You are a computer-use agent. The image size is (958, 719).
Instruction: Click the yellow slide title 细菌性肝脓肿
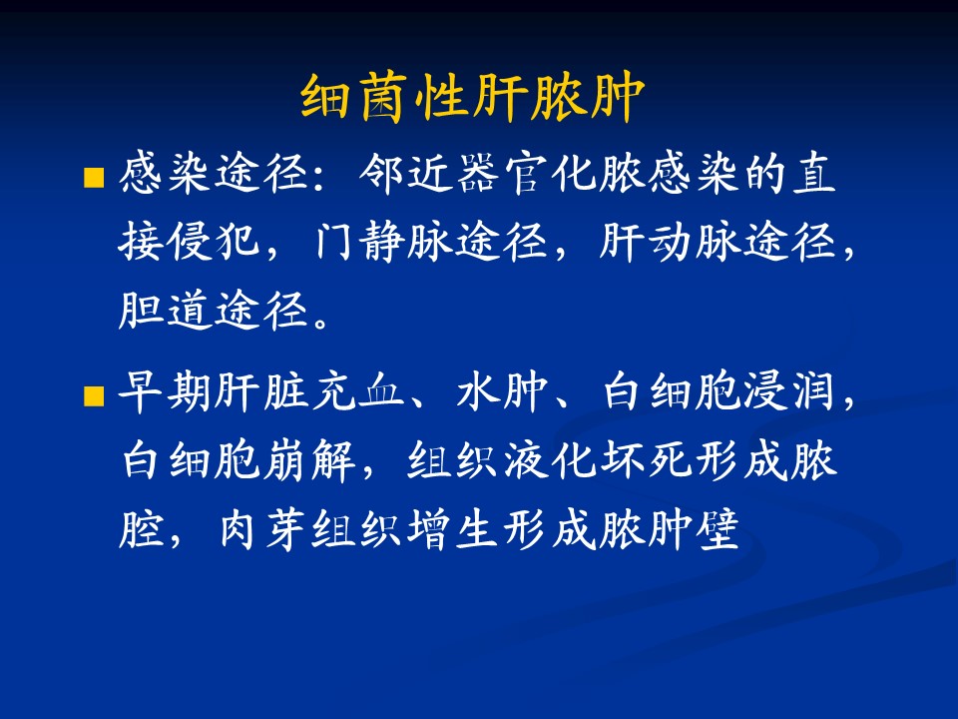(x=473, y=97)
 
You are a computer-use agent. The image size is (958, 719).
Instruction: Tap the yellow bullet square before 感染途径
(x=94, y=178)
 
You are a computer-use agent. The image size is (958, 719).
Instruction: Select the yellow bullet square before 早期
(x=94, y=395)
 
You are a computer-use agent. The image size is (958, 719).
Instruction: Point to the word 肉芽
(x=261, y=528)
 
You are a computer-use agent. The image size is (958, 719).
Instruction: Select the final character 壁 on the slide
(x=718, y=528)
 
